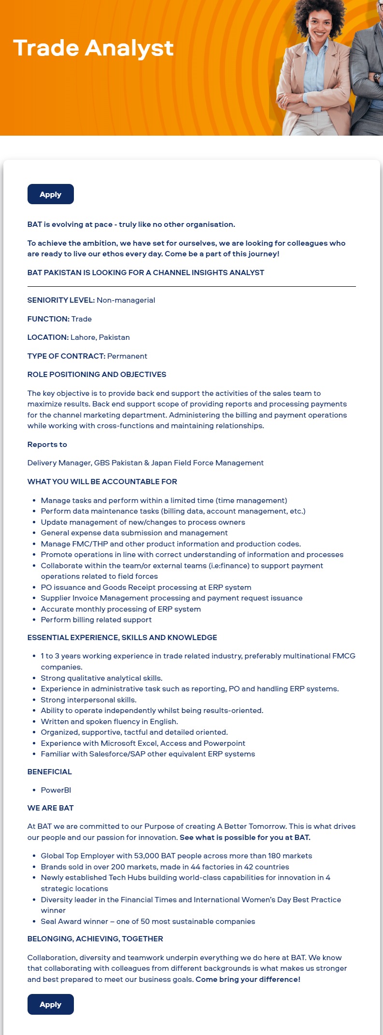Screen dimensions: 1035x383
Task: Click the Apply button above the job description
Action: coord(51,194)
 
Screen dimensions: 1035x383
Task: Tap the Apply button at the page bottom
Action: coord(51,1004)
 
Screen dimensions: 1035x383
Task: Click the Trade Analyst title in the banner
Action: coord(93,48)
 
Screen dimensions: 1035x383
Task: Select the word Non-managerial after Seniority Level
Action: coord(126,300)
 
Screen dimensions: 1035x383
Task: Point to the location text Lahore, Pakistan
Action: coord(100,337)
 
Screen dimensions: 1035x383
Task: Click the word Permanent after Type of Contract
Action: coord(127,356)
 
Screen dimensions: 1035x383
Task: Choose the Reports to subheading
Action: coord(47,445)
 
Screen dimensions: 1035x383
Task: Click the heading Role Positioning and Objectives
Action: coord(97,375)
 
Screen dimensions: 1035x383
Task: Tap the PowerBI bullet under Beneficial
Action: coord(56,790)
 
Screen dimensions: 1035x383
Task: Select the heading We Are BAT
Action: coord(51,808)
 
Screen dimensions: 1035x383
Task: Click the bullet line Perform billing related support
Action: coord(96,620)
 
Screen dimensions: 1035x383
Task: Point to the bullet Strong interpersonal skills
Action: coord(88,700)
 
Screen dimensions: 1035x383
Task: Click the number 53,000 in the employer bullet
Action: coord(146,856)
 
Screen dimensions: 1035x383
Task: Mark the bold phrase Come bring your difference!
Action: coord(248,979)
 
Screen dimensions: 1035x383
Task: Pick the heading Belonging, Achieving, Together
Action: coord(95,939)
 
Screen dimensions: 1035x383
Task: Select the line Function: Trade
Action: coord(59,319)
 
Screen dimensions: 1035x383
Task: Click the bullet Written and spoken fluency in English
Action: coord(109,722)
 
